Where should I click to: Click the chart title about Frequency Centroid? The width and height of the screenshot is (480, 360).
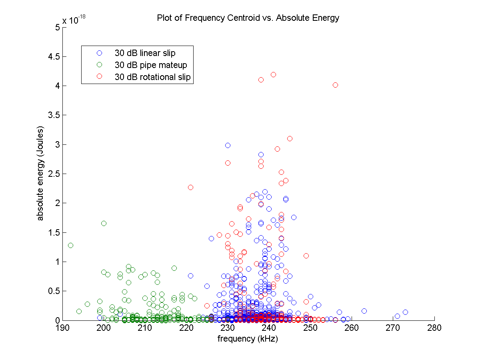(248, 18)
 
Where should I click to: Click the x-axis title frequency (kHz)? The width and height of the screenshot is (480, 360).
(248, 339)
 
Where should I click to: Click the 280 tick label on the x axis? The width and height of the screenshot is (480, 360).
(434, 328)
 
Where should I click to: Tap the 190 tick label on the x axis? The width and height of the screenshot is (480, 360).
(62, 328)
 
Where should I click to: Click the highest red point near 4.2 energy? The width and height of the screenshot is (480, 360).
(273, 74)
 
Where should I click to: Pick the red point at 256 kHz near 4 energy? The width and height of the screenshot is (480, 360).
(335, 85)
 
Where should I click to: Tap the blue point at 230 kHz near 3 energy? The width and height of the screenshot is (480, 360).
(228, 145)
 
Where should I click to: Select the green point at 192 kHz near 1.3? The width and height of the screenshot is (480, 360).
(71, 245)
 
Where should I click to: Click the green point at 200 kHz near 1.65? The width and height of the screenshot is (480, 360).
(104, 223)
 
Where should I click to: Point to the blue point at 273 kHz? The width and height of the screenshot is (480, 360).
(405, 312)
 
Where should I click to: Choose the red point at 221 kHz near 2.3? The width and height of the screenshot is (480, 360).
(190, 187)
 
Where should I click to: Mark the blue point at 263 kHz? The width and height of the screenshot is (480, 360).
(364, 311)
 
